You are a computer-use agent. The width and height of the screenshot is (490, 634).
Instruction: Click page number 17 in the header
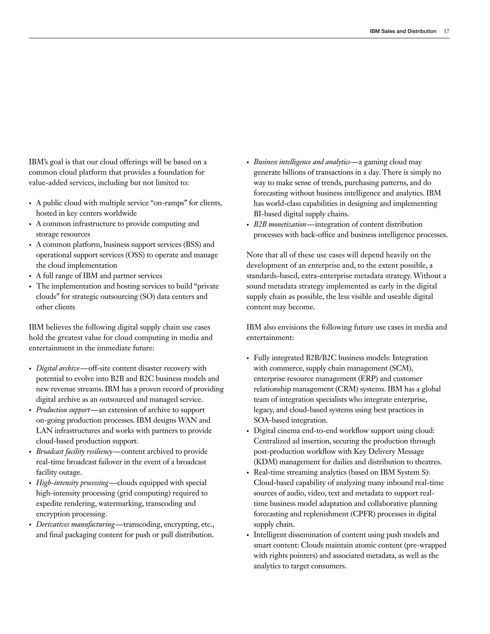click(x=446, y=31)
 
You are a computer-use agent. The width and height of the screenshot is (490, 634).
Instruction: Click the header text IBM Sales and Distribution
click(x=403, y=31)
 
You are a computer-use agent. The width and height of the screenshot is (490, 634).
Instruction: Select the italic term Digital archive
click(x=58, y=368)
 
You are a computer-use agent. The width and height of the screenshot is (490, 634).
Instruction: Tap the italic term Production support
click(x=63, y=410)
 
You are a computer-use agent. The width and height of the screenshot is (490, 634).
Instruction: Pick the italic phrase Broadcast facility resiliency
click(x=74, y=452)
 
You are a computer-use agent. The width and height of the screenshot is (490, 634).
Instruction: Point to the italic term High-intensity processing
click(x=72, y=483)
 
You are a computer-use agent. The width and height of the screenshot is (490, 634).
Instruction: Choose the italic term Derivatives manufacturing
click(x=75, y=525)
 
